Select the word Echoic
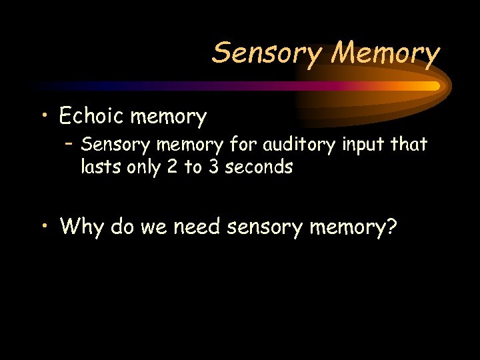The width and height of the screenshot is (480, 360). pos(91,117)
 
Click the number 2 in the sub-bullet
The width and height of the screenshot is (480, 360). pos(173,167)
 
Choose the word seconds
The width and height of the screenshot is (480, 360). pos(259,167)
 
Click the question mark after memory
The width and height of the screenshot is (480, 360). pos(391,227)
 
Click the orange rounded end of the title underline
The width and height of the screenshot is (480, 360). pos(434,86)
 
